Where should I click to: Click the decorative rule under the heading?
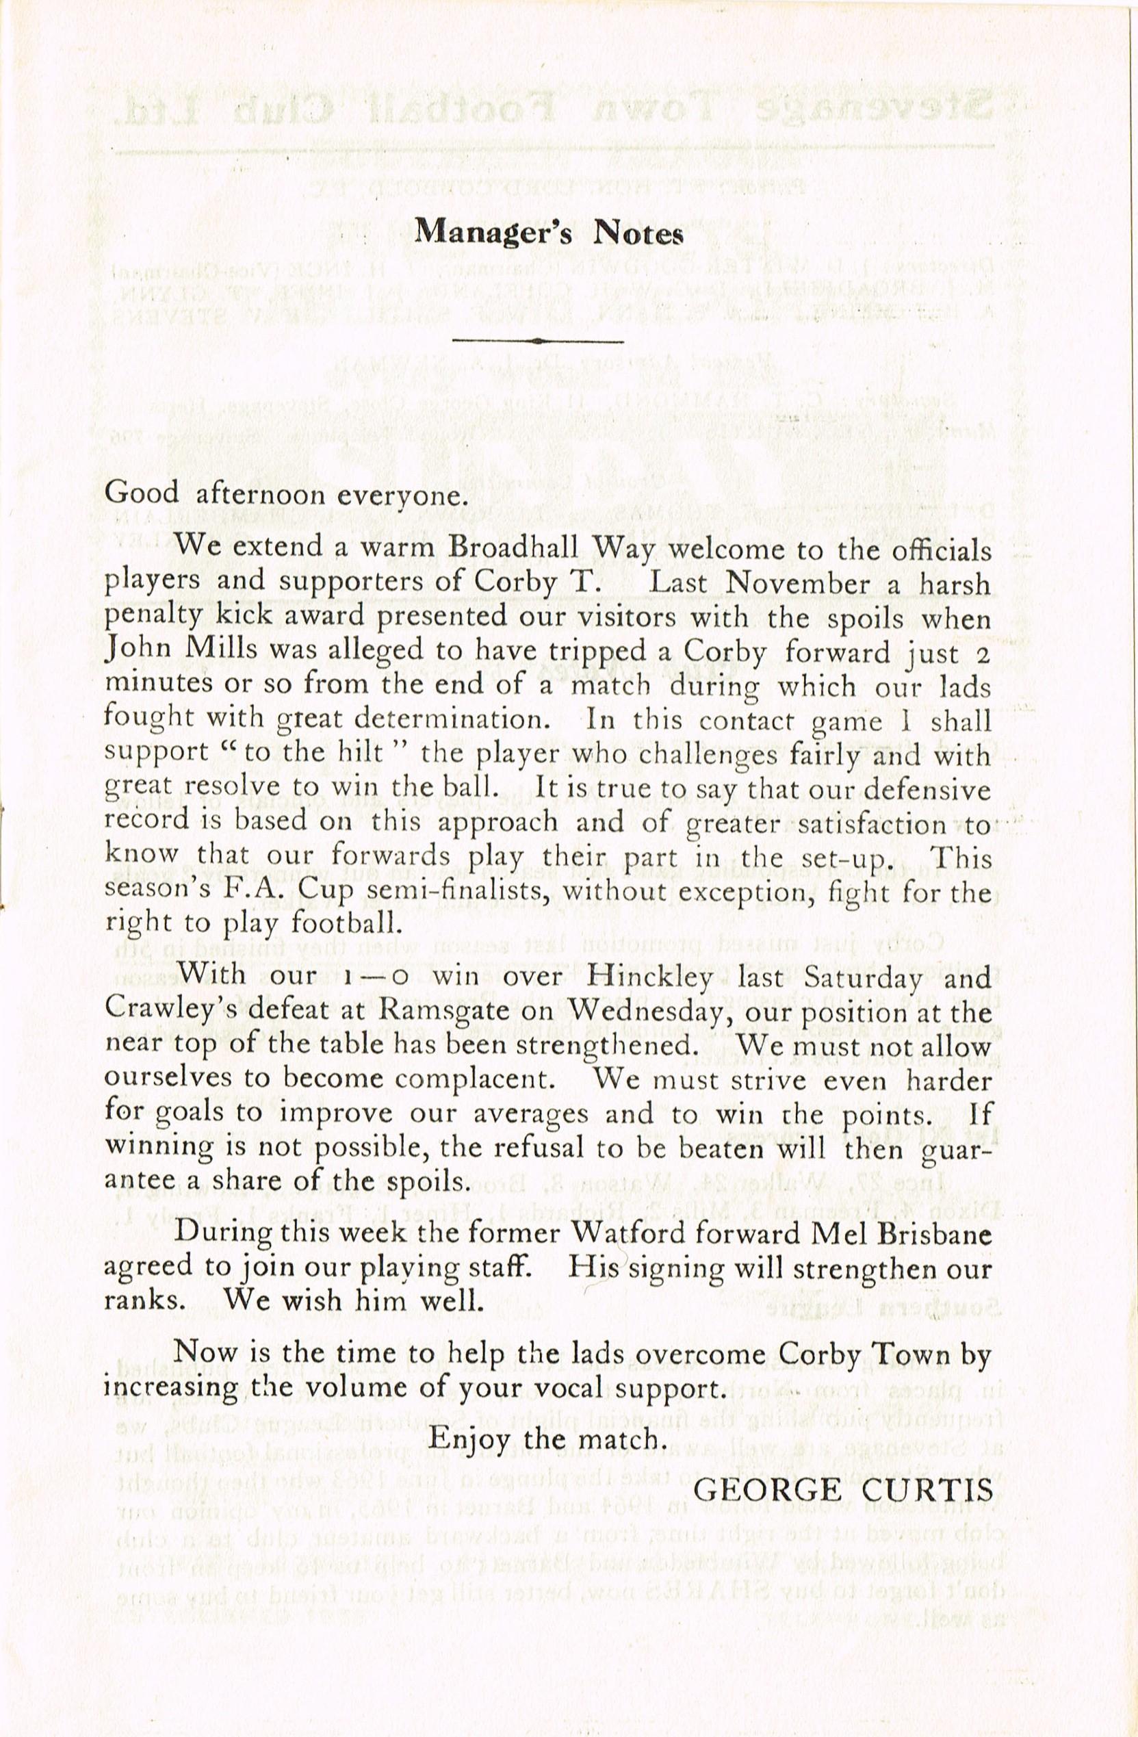538,340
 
